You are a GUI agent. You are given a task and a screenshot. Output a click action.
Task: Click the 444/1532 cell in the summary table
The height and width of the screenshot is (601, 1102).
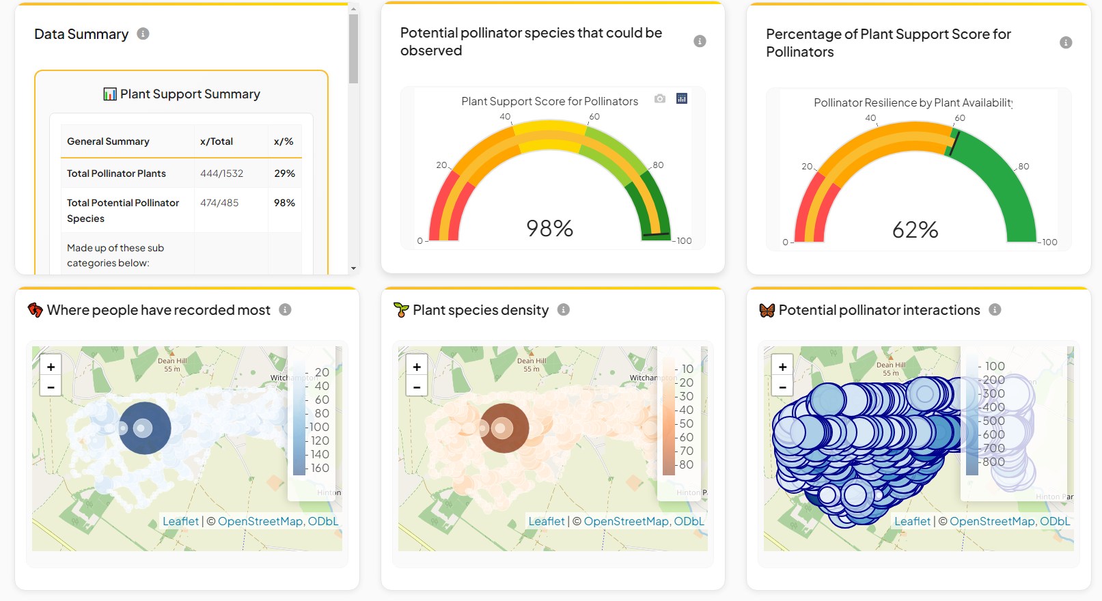pyautogui.click(x=221, y=173)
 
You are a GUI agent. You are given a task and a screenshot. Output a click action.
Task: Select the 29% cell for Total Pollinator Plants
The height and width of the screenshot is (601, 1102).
pyautogui.click(x=284, y=173)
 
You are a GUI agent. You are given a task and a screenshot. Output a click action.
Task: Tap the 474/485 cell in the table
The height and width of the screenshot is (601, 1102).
pyautogui.click(x=219, y=203)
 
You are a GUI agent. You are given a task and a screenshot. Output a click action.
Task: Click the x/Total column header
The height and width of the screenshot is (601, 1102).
pyautogui.click(x=216, y=141)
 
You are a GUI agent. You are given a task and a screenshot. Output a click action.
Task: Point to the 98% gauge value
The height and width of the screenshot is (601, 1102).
pyautogui.click(x=549, y=228)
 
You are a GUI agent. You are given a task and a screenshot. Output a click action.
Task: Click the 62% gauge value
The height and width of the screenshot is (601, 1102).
pyautogui.click(x=915, y=229)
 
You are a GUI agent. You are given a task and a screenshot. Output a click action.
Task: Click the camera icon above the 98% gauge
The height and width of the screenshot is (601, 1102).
pyautogui.click(x=659, y=99)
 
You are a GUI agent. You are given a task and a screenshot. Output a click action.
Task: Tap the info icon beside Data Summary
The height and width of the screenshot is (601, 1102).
pyautogui.click(x=143, y=33)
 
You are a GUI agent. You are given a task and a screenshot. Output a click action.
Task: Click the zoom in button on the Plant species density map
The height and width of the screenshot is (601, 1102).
pyautogui.click(x=417, y=367)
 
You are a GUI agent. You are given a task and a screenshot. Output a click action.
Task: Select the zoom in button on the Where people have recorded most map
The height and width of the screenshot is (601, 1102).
pyautogui.click(x=51, y=367)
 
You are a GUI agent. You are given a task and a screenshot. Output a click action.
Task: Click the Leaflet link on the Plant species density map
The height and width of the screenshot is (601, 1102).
pyautogui.click(x=547, y=521)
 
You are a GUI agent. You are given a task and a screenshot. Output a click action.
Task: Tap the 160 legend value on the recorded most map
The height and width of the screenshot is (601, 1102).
pyautogui.click(x=320, y=468)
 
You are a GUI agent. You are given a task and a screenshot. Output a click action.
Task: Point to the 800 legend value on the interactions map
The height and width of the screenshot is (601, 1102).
pyautogui.click(x=993, y=462)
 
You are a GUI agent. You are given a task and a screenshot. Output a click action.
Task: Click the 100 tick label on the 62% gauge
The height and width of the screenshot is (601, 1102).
pyautogui.click(x=1049, y=242)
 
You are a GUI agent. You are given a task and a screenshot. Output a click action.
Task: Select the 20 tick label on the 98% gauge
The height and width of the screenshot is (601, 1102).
pyautogui.click(x=441, y=165)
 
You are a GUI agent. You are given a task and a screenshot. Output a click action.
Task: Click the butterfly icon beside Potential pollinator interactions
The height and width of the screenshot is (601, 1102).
pyautogui.click(x=767, y=310)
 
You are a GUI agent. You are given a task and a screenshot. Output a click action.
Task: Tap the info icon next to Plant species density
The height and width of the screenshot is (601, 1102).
pyautogui.click(x=564, y=309)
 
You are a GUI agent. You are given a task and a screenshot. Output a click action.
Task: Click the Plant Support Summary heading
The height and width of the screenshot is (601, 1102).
pyautogui.click(x=189, y=94)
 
